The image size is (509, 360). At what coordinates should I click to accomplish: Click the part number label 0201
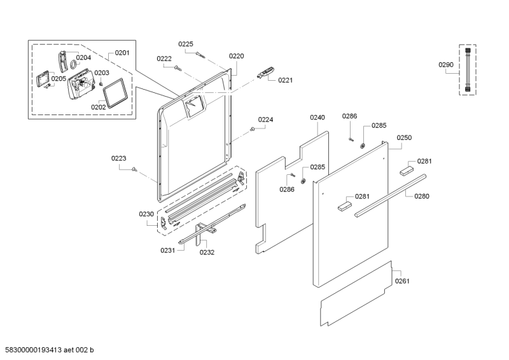pos(122,53)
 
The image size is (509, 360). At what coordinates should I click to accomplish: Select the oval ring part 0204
pos(73,65)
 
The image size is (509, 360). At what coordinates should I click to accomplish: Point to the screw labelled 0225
pos(200,55)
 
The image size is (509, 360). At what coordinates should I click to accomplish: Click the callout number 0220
pos(236,56)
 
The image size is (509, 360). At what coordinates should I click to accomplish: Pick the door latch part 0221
pos(265,72)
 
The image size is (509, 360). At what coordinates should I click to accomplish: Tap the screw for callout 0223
pos(134,169)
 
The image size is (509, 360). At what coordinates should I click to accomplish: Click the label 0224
pos(265,120)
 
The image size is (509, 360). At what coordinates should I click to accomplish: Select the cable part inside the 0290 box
pos(468,69)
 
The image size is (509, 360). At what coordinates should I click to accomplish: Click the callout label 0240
pos(317,117)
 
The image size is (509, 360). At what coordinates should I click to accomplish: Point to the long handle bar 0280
pos(390,196)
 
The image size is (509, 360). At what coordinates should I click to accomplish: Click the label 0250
pos(404,137)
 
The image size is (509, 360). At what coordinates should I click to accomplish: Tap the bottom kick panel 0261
pos(356,293)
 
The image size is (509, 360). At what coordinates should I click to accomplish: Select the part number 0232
pos(207,253)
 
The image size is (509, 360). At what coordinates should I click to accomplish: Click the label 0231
pos(167,250)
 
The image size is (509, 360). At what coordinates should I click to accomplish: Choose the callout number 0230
pos(146,214)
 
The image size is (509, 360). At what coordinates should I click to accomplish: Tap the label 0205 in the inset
pos(59,78)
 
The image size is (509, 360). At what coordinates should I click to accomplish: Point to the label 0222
pos(164,59)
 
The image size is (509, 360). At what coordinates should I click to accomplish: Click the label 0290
pos(446,65)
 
